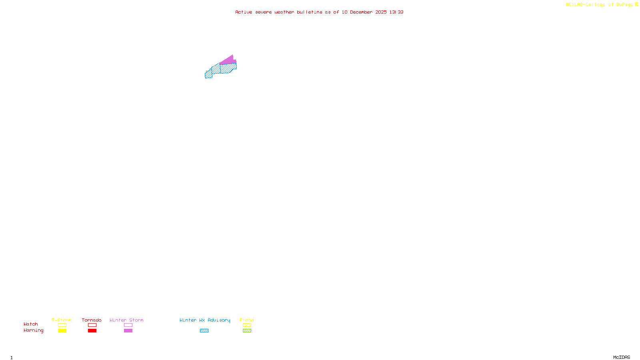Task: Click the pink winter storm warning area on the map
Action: pos(228,60)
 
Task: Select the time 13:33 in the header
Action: pos(396,12)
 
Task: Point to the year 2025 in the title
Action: pos(381,12)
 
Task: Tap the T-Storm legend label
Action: pos(62,320)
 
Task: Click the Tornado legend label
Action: pos(92,320)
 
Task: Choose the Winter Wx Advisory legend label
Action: pos(205,320)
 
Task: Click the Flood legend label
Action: pos(247,320)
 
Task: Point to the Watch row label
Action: pos(31,324)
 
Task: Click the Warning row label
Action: pos(33,330)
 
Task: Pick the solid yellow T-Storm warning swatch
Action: pos(62,331)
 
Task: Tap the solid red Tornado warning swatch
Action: pos(92,331)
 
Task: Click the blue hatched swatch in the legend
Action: pos(204,331)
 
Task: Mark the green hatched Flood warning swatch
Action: pos(247,331)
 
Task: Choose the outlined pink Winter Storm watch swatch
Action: pos(128,325)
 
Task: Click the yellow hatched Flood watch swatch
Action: pos(247,325)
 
